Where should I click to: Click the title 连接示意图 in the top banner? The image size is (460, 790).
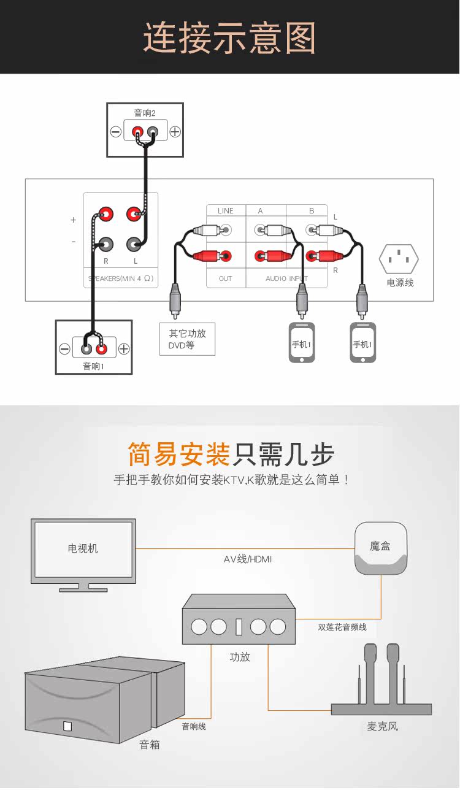229,37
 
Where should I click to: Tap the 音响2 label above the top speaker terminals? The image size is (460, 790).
145,113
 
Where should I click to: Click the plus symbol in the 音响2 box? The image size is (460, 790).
175,131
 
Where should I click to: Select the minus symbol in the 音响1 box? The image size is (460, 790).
64,349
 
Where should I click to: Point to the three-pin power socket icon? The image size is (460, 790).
399,259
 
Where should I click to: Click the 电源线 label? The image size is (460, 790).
400,283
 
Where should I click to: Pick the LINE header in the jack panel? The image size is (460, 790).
226,211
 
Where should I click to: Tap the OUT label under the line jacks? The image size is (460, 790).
226,278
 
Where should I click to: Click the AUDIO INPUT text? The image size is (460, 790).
287,278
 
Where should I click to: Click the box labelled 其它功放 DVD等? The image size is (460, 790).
187,339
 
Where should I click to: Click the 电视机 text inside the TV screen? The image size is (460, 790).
83,548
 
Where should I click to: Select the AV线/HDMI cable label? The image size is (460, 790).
247,559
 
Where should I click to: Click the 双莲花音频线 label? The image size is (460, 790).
342,627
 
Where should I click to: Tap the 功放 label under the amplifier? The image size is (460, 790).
240,657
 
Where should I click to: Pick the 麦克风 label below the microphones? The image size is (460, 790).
383,726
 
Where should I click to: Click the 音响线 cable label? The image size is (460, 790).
194,726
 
